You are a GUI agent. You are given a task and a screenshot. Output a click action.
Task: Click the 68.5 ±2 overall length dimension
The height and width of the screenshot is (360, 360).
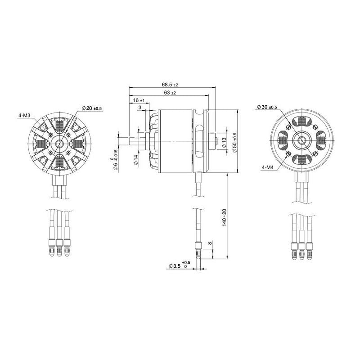pyautogui.click(x=170, y=85)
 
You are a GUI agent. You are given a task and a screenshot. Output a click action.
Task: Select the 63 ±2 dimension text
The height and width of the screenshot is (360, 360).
pyautogui.click(x=169, y=93)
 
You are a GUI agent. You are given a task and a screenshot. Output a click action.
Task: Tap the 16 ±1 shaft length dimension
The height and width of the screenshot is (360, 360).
pyautogui.click(x=139, y=101)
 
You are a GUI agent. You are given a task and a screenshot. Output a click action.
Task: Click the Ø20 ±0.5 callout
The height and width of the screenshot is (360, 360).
pyautogui.click(x=92, y=108)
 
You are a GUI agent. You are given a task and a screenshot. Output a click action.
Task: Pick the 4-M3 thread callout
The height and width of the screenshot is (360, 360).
pyautogui.click(x=24, y=116)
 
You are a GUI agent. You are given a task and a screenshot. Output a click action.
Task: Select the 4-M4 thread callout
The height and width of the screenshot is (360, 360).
pyautogui.click(x=269, y=168)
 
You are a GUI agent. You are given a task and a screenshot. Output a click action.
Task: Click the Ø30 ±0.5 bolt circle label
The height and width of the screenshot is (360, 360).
pyautogui.click(x=267, y=108)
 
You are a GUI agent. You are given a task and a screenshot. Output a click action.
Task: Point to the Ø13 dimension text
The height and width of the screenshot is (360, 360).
pyautogui.click(x=224, y=142)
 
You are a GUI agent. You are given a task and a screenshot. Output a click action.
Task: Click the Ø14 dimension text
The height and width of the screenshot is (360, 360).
pyautogui.click(x=135, y=160)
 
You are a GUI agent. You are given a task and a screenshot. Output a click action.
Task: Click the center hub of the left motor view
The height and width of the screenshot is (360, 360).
pyautogui.click(x=58, y=144)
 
